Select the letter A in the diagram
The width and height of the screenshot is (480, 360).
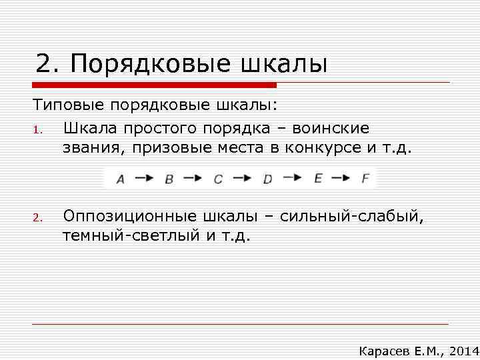tap(121, 179)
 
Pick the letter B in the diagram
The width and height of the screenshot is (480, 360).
tap(169, 179)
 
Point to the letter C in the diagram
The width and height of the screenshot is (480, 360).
tap(218, 179)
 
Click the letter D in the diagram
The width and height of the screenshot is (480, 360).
tap(268, 179)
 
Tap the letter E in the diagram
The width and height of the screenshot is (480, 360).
tap(317, 178)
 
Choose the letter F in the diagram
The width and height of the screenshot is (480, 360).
tap(365, 178)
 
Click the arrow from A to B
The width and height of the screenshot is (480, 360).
tap(145, 178)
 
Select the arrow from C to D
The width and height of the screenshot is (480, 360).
tap(243, 178)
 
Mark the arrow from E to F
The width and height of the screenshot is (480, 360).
tap(341, 178)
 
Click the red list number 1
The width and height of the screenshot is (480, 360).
tap(38, 129)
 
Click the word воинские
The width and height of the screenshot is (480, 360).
tap(333, 128)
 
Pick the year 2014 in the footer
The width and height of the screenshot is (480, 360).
tap(464, 351)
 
